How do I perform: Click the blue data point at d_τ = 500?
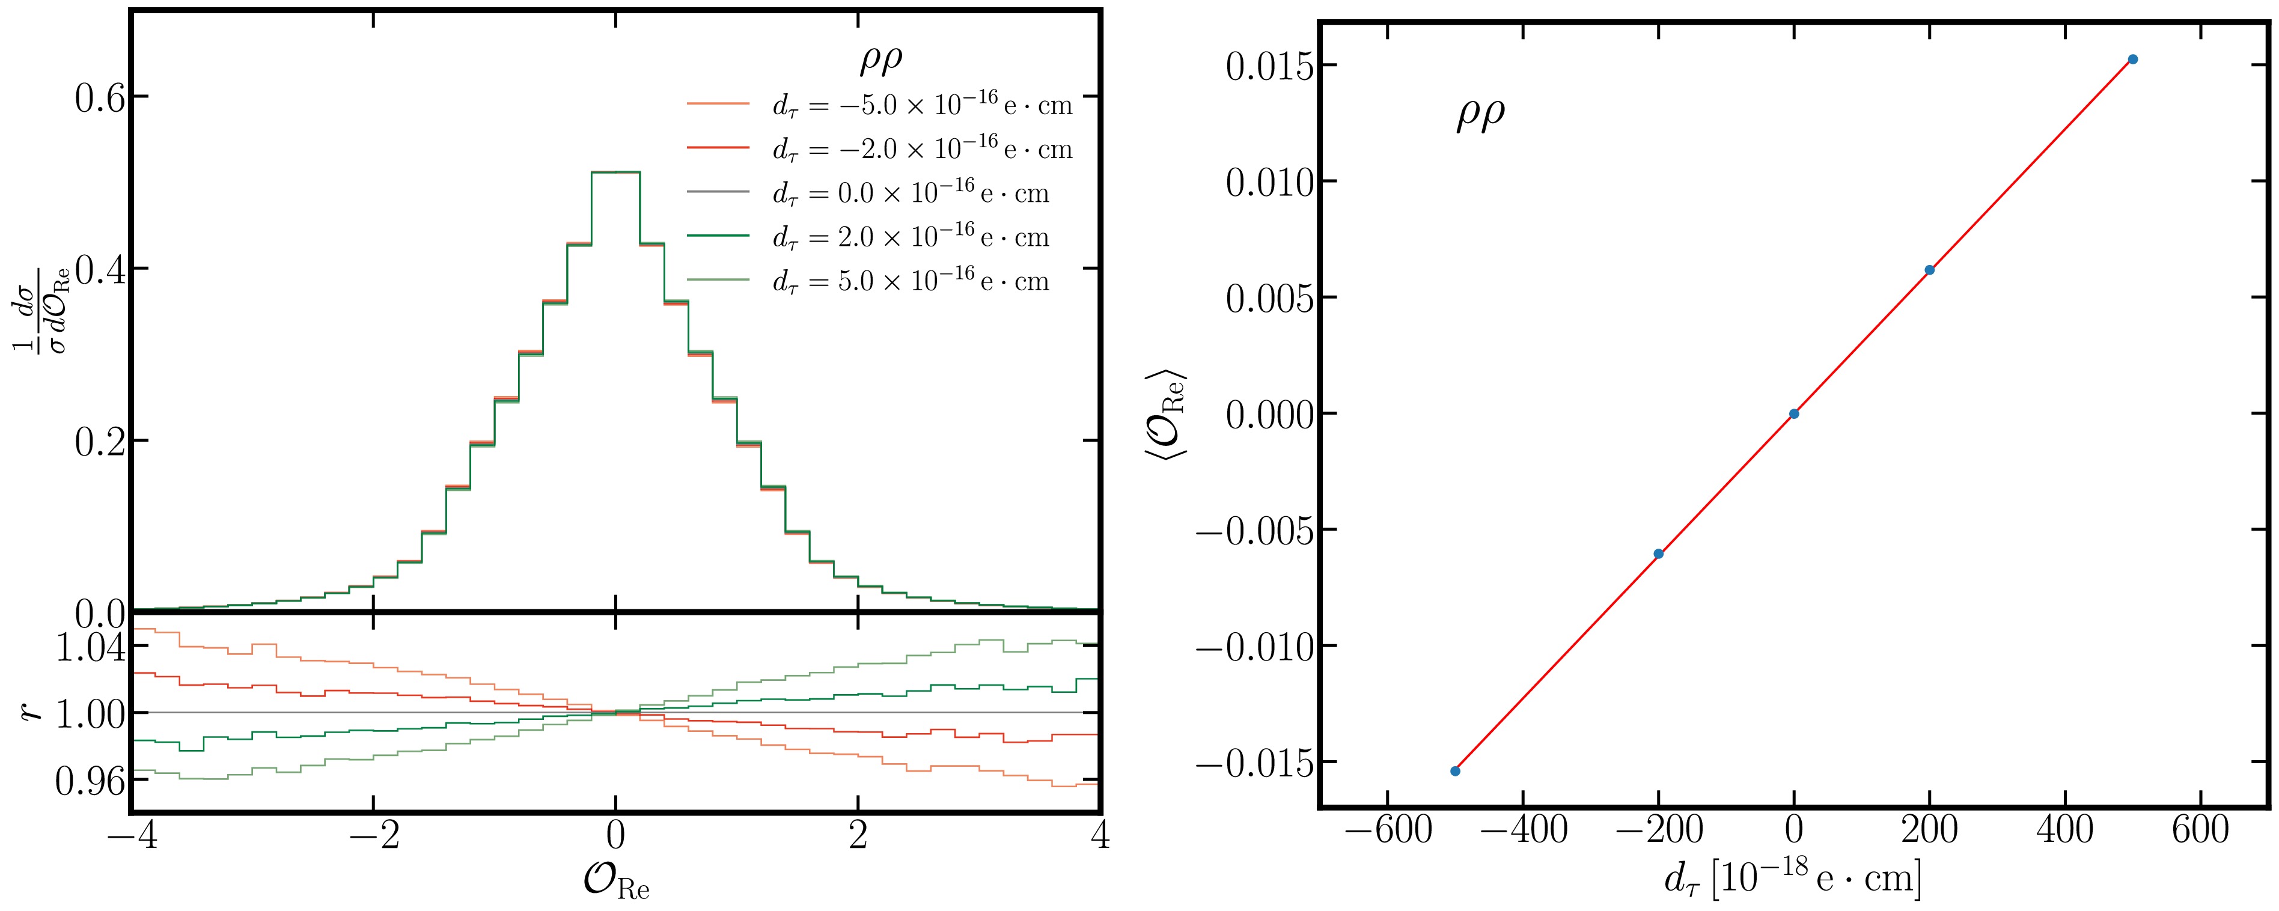[2133, 59]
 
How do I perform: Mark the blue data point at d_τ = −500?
[1456, 771]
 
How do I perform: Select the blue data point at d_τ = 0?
[1794, 414]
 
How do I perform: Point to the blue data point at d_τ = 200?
[1930, 270]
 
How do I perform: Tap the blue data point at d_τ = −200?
[1659, 553]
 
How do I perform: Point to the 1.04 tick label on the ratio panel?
[90, 649]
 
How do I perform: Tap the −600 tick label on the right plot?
[1387, 832]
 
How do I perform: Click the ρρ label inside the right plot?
[1480, 115]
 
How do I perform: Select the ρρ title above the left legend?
[881, 60]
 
